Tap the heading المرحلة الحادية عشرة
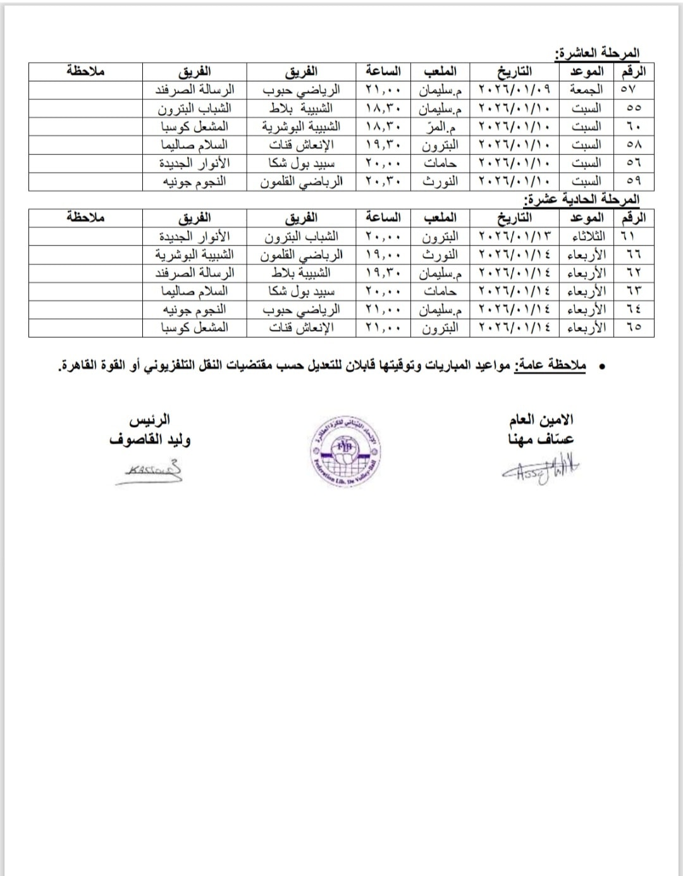[x=582, y=199]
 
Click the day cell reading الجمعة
[x=586, y=90]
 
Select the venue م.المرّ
[x=440, y=126]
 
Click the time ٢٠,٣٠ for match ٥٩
[x=383, y=182]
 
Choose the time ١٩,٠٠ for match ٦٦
[x=383, y=255]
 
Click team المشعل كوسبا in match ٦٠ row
[x=194, y=126]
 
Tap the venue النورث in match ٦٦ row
[x=440, y=255]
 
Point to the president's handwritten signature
[x=150, y=472]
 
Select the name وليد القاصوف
[x=150, y=440]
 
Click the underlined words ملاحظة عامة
[x=550, y=366]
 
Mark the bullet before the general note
[x=601, y=367]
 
